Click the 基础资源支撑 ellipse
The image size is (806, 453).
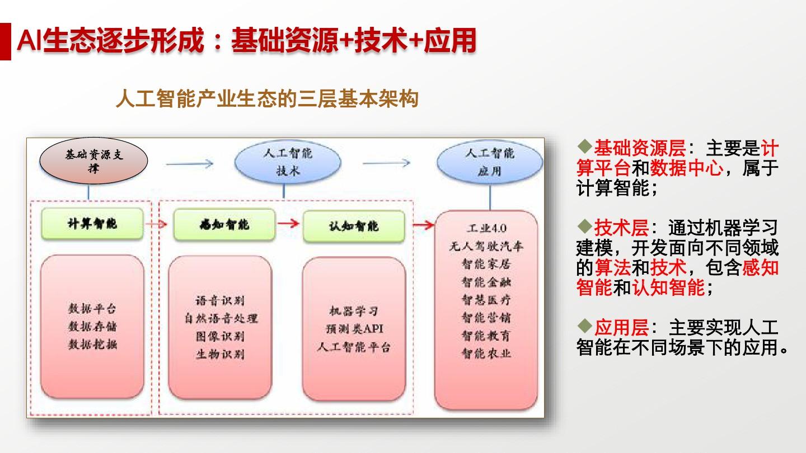coord(93,161)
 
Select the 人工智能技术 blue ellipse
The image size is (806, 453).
coord(288,162)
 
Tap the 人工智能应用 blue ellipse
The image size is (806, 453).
coord(490,162)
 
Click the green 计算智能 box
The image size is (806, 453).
coord(92,224)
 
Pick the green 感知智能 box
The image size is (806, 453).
coord(224,225)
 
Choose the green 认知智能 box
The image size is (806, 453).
coord(354,226)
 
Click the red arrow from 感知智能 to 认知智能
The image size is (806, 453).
coord(289,224)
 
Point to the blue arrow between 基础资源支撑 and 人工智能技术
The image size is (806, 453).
coord(190,164)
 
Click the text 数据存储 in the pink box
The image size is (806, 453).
coord(92,327)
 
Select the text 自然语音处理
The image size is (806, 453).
coord(221,318)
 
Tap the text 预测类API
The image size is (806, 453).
coord(354,329)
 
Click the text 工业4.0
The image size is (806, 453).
coord(486,228)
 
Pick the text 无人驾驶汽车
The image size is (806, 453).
coord(486,246)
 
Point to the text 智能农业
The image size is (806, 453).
coord(486,353)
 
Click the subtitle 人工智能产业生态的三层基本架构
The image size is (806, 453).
coord(268,99)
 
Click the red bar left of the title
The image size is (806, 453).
coord(6,41)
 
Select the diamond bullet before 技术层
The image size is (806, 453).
coord(585,226)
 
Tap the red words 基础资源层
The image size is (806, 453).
coord(640,148)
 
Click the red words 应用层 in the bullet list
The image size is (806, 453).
coord(621,328)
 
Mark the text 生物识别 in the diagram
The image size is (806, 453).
coord(220,354)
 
